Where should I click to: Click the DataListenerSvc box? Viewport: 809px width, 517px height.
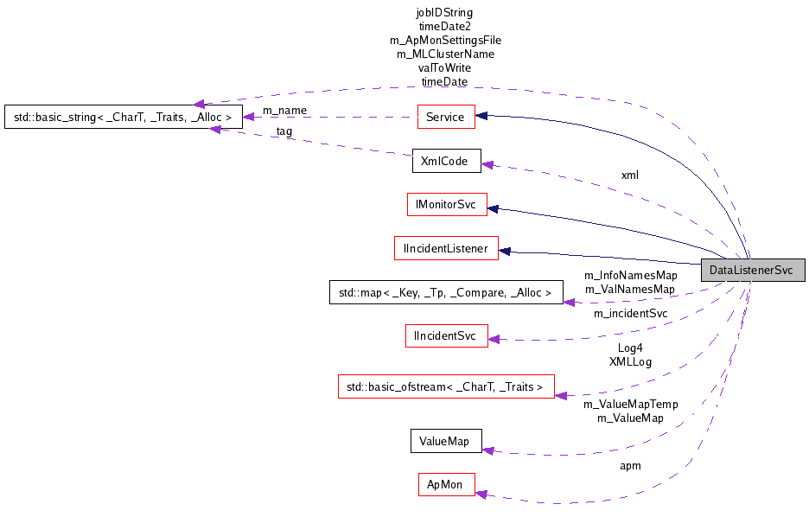(751, 270)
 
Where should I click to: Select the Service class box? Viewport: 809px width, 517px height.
(444, 117)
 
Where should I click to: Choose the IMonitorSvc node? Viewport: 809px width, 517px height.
(447, 204)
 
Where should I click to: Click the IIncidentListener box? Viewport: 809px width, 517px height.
(445, 249)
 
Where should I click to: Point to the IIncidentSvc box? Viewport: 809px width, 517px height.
(446, 336)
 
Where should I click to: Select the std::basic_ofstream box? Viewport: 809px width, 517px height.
(445, 387)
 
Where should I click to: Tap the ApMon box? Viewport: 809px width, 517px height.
(445, 484)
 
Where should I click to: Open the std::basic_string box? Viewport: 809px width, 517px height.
(123, 117)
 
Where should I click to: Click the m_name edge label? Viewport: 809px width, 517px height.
(284, 110)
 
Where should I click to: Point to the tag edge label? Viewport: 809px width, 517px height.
(283, 131)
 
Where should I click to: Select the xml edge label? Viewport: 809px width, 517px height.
(630, 175)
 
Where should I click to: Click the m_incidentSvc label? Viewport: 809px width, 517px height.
(630, 313)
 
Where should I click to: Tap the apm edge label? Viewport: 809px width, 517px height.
(630, 466)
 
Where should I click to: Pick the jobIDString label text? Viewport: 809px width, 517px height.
(444, 13)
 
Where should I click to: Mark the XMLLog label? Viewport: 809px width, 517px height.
(630, 361)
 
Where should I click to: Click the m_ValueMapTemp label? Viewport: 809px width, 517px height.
(630, 404)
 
